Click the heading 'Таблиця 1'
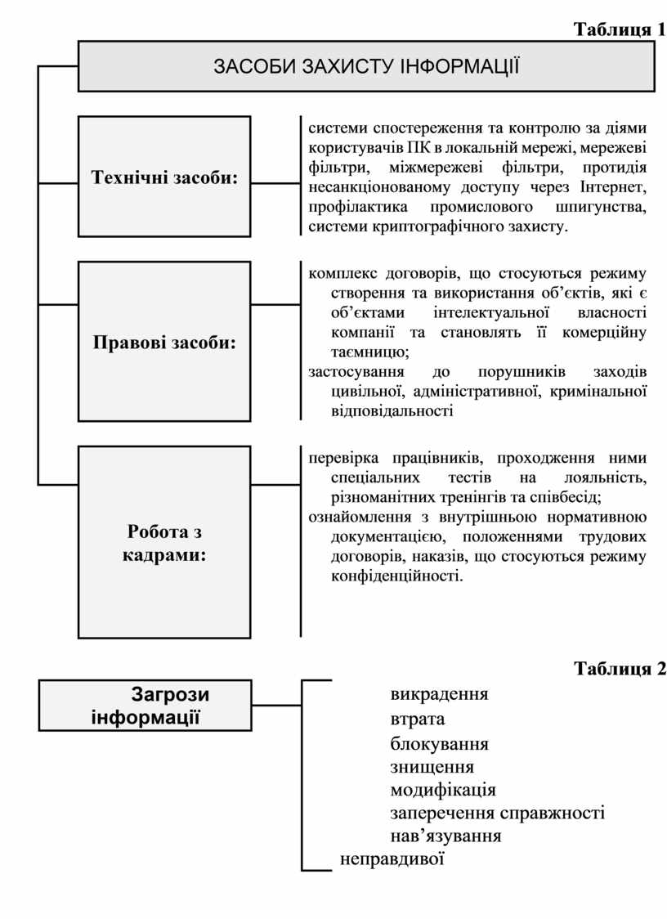[x=619, y=30]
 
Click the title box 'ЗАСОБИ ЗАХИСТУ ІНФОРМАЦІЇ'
[x=366, y=66]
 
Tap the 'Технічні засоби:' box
[x=163, y=177]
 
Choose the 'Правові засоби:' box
[x=163, y=342]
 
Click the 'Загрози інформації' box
[x=146, y=706]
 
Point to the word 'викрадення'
[x=439, y=694]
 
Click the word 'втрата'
[x=418, y=720]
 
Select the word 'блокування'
[x=439, y=744]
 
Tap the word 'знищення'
[x=432, y=767]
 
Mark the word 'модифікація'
[x=443, y=790]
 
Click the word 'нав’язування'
[x=445, y=836]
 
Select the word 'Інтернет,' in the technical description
[x=611, y=186]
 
